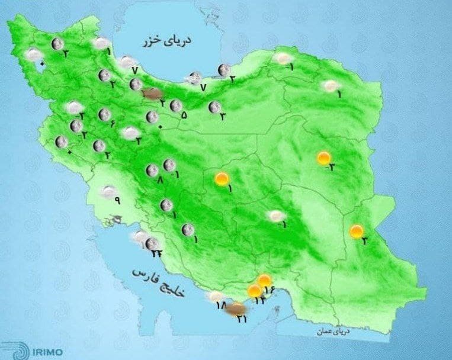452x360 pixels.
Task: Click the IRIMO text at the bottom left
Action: point(38,351)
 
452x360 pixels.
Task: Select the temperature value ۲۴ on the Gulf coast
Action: point(156,254)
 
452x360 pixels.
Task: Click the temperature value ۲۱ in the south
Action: point(241,320)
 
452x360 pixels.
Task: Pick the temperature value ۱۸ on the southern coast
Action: point(221,306)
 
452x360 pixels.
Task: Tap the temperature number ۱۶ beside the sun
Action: point(271,290)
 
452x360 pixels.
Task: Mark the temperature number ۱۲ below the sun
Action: point(259,301)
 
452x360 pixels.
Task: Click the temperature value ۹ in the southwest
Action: point(117,200)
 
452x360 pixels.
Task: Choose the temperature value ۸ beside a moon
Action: point(159,179)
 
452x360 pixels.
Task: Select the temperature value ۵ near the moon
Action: point(184,115)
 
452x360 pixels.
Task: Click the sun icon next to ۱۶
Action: point(264,280)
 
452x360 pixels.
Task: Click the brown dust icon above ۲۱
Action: point(236,308)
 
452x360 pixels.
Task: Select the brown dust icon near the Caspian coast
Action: point(153,93)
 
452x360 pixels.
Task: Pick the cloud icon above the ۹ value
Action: point(108,191)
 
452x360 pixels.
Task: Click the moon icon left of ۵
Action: point(175,106)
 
